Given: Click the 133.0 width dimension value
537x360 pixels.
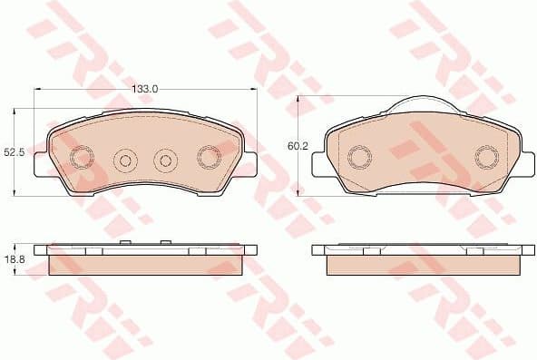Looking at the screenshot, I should pos(145,89).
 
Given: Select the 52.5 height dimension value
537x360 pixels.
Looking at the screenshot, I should pos(13,153).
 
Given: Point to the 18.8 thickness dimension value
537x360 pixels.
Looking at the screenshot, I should pos(13,258).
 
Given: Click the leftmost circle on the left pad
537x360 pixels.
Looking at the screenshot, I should pos(83,159).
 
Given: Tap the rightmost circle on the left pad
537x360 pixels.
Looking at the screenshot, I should pos(207,159).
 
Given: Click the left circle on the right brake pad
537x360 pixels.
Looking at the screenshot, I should pos(357,159).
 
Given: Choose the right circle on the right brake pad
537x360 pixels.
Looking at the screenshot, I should pos(485,159).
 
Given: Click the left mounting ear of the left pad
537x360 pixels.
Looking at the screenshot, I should pos(41,163).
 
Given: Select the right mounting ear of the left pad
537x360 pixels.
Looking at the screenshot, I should pos(249,163).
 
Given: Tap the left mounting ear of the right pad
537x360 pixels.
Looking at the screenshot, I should pos(318,163).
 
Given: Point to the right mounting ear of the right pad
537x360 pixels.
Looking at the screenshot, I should pos(523,163).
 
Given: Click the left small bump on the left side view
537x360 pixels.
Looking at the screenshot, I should pos(127,244).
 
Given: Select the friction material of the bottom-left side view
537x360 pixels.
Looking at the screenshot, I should pos(145,265).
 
